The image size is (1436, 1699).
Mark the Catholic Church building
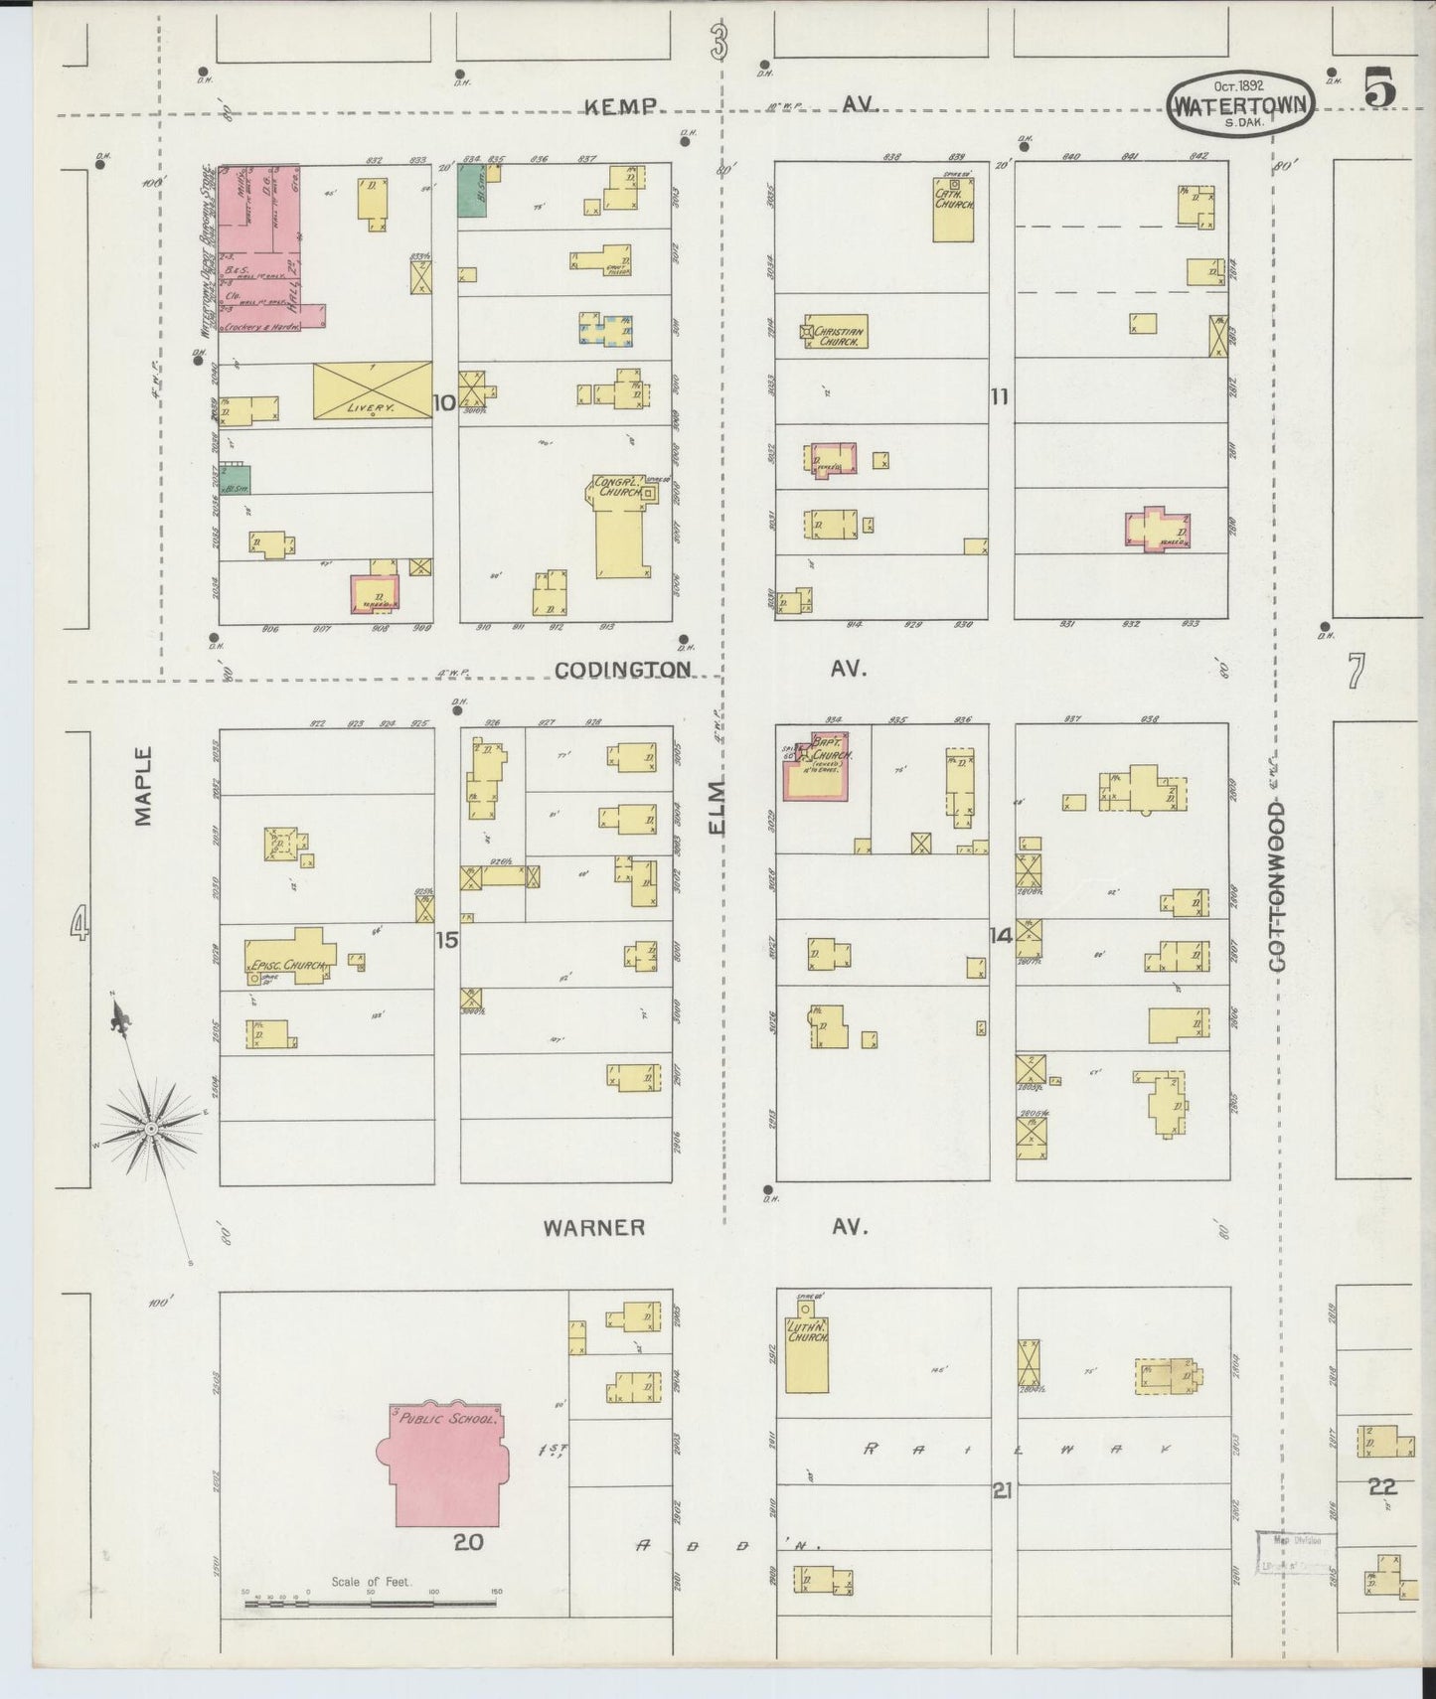coord(952,209)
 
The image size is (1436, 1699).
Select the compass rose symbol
coord(151,1128)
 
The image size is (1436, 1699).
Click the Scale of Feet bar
coord(371,1599)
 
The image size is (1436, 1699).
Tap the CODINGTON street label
coord(622,670)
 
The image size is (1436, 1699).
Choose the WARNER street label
coord(594,1228)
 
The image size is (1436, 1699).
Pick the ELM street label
coord(718,807)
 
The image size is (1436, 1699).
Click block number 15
coord(447,939)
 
